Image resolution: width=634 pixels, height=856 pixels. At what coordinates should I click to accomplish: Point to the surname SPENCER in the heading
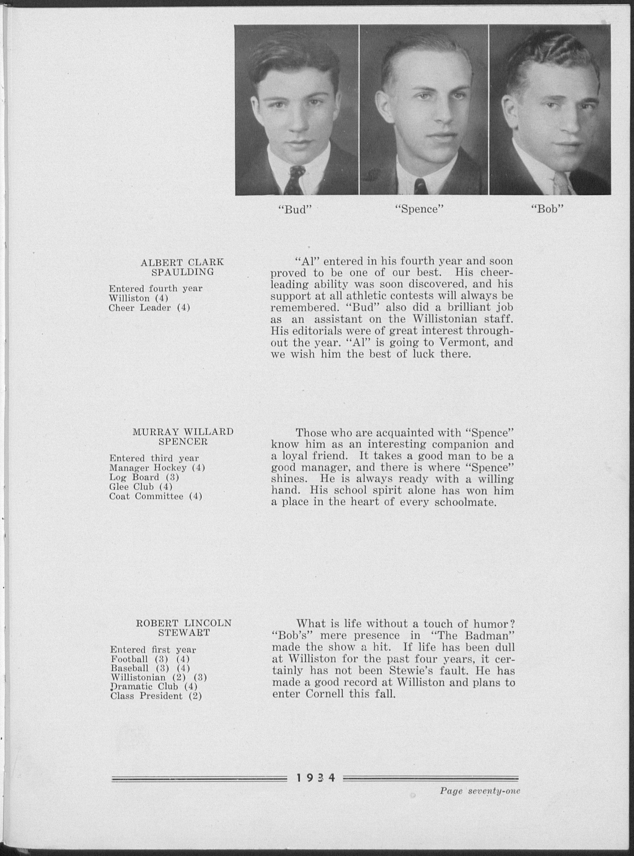tap(183, 441)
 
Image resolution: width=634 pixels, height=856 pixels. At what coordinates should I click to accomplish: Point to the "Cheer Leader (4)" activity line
tap(150, 308)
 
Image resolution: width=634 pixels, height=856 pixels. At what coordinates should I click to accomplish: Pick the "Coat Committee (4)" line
tap(156, 497)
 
